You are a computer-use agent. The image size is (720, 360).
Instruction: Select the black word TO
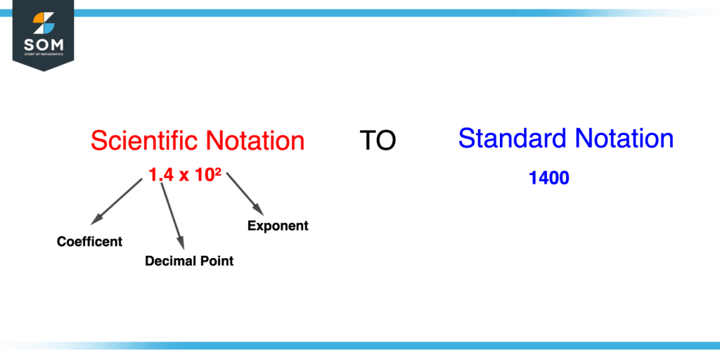(378, 141)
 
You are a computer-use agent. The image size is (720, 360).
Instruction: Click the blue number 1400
(548, 179)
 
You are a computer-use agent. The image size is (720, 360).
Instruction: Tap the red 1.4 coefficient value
(161, 176)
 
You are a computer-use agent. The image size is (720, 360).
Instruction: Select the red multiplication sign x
(185, 176)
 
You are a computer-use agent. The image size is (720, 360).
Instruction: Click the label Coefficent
(89, 242)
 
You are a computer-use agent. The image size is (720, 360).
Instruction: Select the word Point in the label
(217, 261)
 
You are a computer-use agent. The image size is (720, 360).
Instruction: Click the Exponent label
(278, 226)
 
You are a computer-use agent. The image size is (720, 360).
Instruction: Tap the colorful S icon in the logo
(44, 23)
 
